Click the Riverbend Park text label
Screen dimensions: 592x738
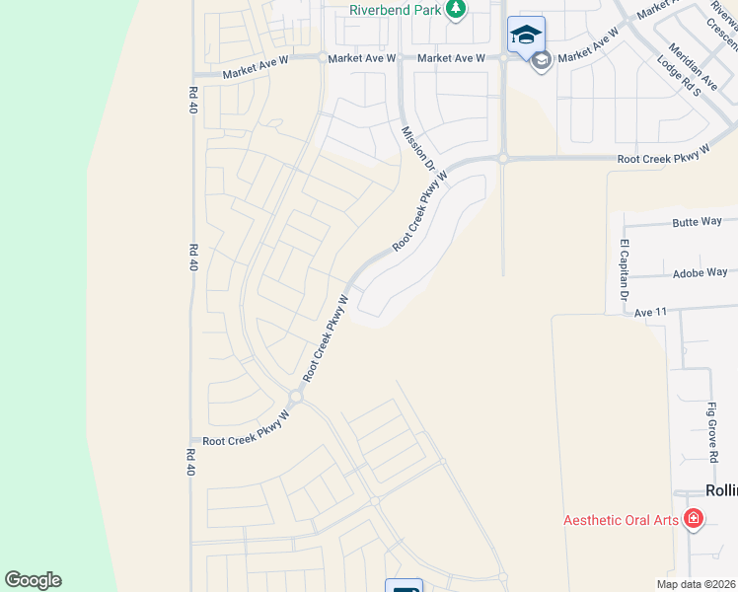point(395,10)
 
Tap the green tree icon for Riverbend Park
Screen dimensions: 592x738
point(455,9)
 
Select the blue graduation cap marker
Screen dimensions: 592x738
point(526,35)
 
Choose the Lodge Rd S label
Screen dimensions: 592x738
point(679,76)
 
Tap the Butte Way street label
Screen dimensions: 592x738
point(699,223)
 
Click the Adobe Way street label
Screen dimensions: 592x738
point(700,272)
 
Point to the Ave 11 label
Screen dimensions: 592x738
point(651,312)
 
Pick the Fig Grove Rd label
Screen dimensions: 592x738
point(711,432)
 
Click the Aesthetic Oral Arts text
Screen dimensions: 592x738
point(621,520)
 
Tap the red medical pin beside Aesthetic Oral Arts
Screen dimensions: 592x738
point(694,518)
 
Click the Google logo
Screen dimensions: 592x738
point(33,580)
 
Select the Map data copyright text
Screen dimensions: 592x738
point(696,584)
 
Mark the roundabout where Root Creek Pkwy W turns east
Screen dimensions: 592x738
point(502,158)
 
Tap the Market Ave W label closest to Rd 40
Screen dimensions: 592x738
point(255,73)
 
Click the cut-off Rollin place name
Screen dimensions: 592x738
point(721,490)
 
